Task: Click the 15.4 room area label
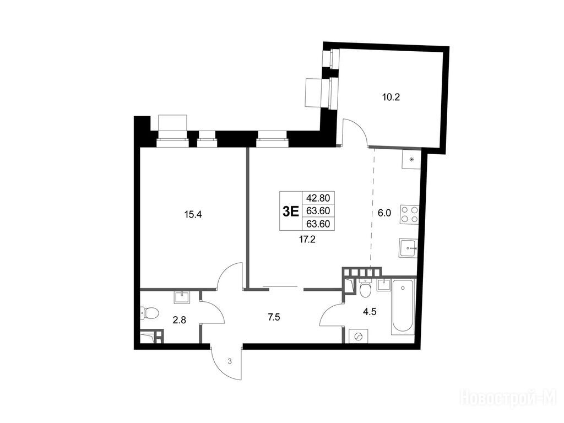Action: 193,215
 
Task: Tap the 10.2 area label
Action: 391,97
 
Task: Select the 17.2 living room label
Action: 307,240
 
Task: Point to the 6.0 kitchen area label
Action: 384,213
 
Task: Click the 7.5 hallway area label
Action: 274,317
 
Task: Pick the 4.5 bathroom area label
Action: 370,312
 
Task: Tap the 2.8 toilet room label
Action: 179,320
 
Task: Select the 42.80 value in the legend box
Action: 318,198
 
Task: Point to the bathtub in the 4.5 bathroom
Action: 403,306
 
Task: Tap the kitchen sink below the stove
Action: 408,248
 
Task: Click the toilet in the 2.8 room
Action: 149,313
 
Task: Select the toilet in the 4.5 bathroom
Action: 366,288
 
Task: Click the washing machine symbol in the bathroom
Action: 359,337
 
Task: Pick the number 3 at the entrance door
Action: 230,361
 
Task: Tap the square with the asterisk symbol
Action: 411,159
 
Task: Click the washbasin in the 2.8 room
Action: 183,297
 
